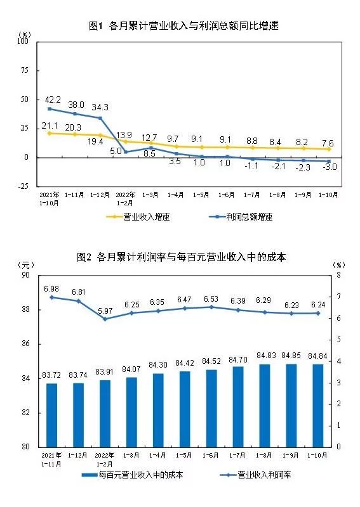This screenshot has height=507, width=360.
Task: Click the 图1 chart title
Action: tap(184, 26)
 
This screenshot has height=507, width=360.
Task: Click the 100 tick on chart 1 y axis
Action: tap(23, 41)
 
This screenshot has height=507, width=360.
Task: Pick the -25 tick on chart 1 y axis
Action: tap(23, 186)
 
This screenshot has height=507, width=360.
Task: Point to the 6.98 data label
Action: tap(52, 288)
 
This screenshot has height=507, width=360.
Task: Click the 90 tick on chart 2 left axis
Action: tap(26, 275)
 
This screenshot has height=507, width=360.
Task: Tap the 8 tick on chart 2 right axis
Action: tap(338, 275)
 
